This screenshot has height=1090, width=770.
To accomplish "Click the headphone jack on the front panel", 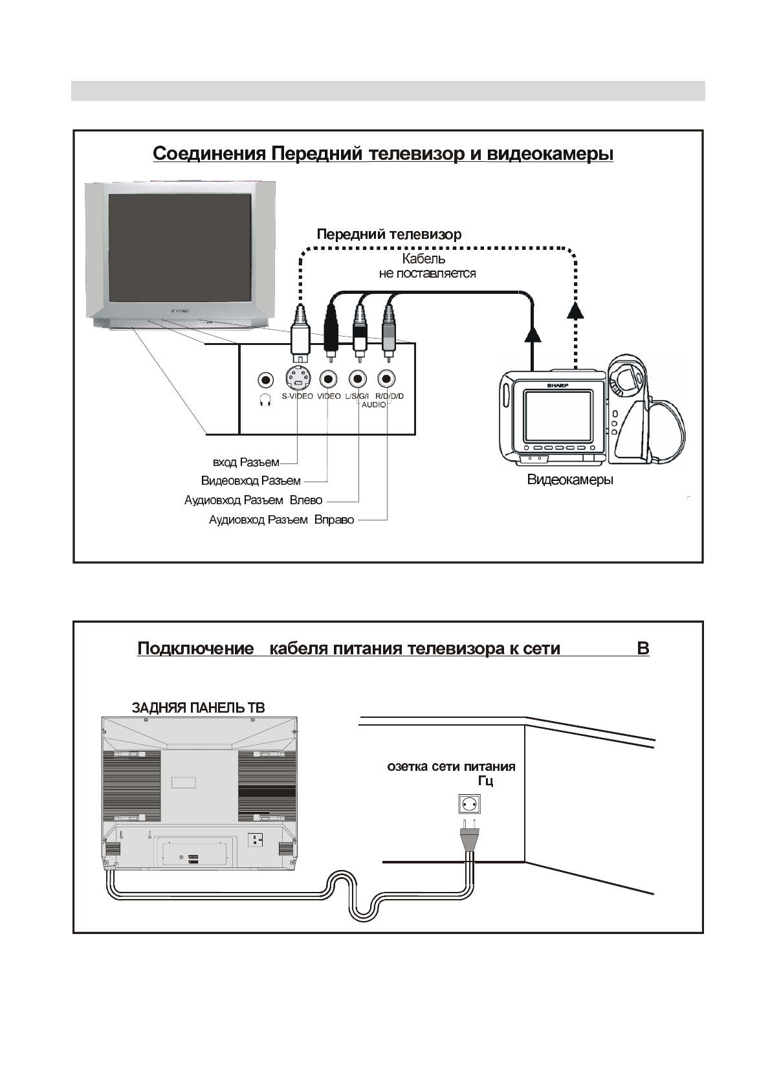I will tap(265, 379).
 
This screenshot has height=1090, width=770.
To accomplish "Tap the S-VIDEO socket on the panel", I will tap(297, 379).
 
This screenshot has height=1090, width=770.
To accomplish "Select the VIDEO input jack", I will tap(329, 379).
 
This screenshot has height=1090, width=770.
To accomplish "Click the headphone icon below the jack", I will tap(265, 400).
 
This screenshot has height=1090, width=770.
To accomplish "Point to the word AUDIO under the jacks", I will tap(374, 405).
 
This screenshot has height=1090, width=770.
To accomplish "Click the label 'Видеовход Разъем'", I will tap(251, 481).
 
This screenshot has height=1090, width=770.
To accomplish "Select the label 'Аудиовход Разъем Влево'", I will tap(253, 500).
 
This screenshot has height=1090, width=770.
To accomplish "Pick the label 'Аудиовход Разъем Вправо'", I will tap(281, 520).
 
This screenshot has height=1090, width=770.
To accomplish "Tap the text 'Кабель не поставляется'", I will tap(427, 266).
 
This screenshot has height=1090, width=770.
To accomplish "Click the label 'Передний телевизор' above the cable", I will tap(389, 234).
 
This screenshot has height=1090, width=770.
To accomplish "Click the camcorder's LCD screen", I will tap(557, 416).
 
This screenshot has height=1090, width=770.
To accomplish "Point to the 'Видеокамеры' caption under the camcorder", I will tap(570, 480).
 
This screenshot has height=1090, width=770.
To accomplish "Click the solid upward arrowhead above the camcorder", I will tap(532, 334).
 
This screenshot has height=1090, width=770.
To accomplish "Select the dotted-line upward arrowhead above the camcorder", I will tap(575, 311).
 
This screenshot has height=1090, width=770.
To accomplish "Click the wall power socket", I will tap(470, 805).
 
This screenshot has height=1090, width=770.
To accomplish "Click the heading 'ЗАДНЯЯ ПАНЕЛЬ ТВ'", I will tap(198, 707).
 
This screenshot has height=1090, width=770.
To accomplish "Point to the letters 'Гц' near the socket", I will tap(485, 781).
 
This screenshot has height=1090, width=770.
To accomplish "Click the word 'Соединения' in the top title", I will tap(209, 154).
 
